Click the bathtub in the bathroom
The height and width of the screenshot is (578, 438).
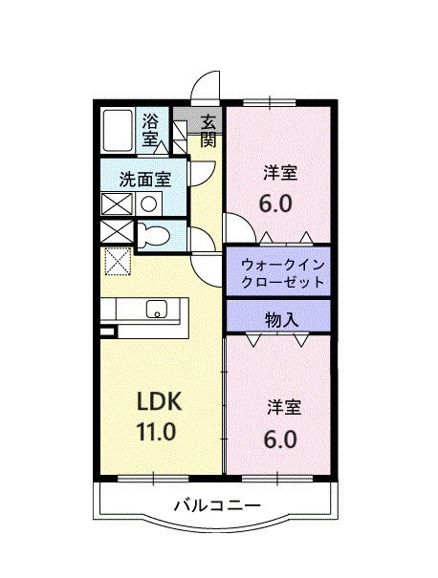point(119,130)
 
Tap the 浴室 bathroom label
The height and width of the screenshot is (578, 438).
point(151,130)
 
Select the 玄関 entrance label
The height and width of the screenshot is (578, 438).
point(208,130)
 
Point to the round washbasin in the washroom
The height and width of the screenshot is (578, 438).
point(149,203)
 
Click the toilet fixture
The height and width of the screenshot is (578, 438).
point(152,235)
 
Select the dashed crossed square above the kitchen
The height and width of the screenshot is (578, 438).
point(117,260)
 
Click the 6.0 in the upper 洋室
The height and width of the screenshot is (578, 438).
point(277,203)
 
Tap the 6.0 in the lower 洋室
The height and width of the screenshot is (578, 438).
point(277,439)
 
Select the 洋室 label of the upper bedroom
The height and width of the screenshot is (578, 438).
point(280,173)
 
